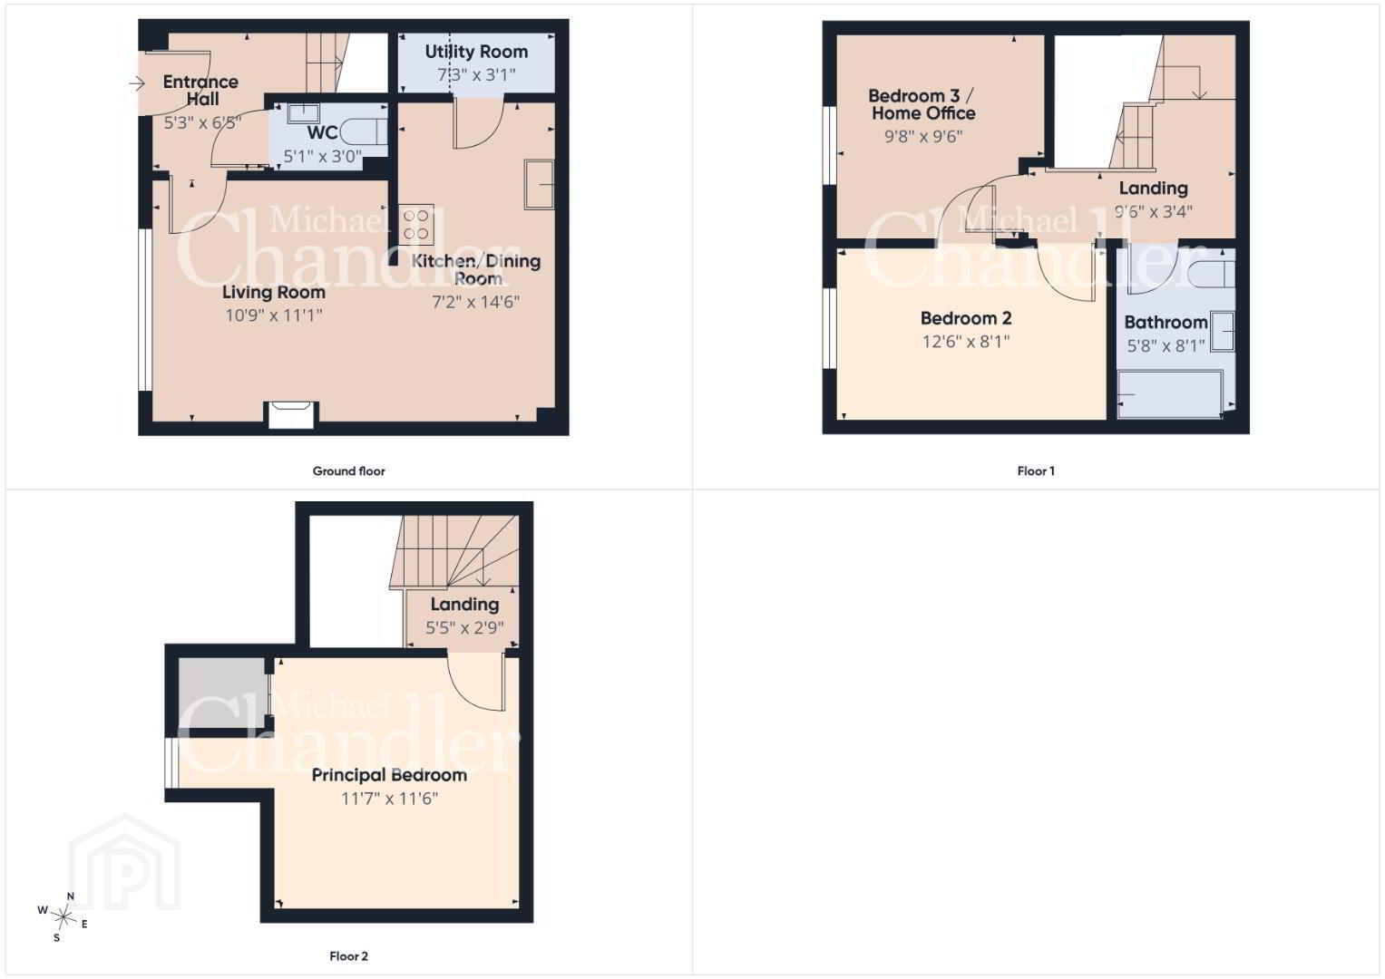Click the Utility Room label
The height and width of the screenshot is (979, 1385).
coord(476,52)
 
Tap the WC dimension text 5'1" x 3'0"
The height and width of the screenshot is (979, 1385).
coord(322,156)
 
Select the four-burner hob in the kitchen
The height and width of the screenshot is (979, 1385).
coord(416,225)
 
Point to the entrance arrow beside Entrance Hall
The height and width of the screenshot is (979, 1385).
coord(137,83)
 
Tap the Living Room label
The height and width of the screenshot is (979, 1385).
coord(274,292)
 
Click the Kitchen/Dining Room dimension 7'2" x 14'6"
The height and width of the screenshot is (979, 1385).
coord(475,302)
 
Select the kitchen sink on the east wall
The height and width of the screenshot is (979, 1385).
coord(539,185)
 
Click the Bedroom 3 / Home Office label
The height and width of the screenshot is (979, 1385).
coord(922,104)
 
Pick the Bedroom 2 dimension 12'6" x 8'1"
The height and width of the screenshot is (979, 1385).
coord(966,342)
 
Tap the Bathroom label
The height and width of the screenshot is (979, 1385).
coord(1166,323)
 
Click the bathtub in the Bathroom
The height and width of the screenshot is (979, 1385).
coord(1170,393)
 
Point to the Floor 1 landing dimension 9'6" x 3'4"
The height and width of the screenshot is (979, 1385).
coord(1153,212)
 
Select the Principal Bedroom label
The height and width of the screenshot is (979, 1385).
coord(389,775)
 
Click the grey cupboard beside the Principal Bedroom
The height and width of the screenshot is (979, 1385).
coord(222,693)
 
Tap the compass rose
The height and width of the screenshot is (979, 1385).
coord(63,917)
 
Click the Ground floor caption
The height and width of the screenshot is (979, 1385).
coord(348,471)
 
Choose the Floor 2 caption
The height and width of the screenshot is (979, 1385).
coord(348,956)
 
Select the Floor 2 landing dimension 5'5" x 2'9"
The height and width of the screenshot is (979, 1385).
coord(464,628)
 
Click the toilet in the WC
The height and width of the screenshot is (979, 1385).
coord(364,131)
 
